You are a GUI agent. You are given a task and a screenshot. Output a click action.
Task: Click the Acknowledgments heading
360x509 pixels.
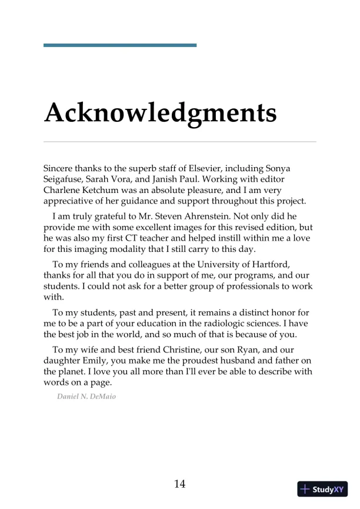point(160,112)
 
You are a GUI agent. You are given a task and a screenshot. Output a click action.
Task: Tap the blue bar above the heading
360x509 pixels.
point(120,45)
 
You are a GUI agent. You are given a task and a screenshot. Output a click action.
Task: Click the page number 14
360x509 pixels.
point(180,484)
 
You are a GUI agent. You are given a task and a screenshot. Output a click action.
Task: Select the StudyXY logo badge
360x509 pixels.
point(322,489)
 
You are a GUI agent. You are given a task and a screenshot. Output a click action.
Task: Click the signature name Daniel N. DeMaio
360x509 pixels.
point(86,396)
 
